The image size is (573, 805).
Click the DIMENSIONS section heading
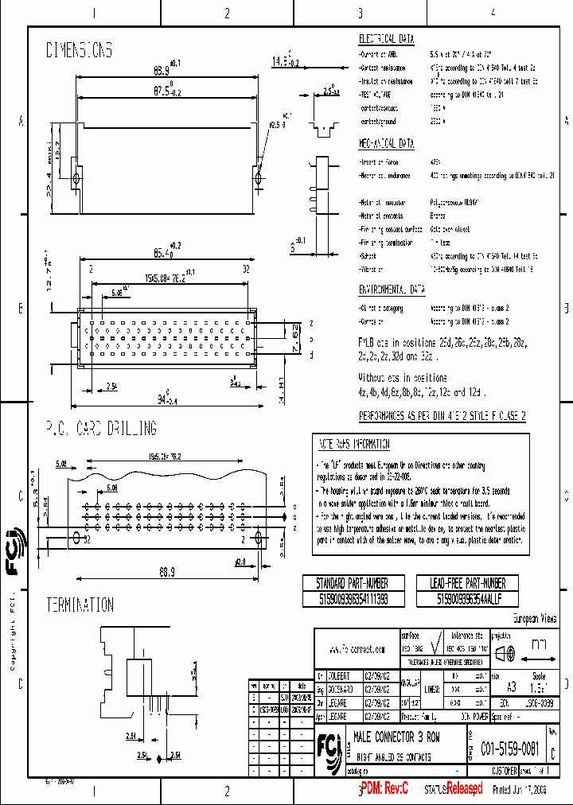tap(79, 50)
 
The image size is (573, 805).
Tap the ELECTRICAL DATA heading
tap(386, 38)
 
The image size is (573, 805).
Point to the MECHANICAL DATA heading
tap(386, 144)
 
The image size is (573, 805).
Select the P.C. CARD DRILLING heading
tap(101, 429)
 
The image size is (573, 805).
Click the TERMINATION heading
tap(79, 605)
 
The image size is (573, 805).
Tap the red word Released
tap(464, 788)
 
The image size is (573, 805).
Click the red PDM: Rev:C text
tap(385, 788)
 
